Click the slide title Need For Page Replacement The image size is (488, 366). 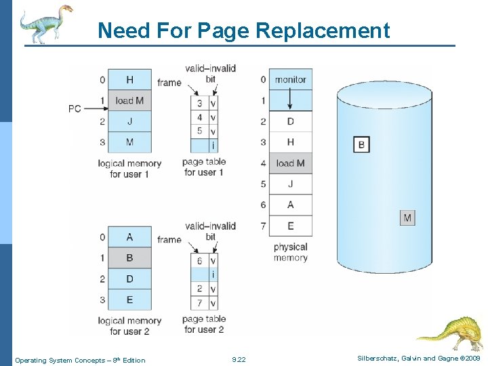tap(243, 30)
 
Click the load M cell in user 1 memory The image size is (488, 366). tap(129, 100)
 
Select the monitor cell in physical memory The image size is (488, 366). tap(291, 79)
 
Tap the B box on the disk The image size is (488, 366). tap(361, 144)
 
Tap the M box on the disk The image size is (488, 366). tap(407, 218)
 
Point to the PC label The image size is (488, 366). tap(75, 108)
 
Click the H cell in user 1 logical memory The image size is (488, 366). tap(129, 79)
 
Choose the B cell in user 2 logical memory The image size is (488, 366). tap(129, 258)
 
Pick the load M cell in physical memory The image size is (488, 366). tap(291, 163)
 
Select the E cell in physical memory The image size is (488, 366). tap(291, 226)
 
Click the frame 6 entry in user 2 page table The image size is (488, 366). tap(199, 260)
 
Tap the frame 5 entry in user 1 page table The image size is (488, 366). tap(199, 131)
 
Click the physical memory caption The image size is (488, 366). tap(291, 252)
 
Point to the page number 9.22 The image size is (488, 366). tap(239, 360)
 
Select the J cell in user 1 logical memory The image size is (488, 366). tap(129, 121)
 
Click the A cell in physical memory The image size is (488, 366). tap(291, 205)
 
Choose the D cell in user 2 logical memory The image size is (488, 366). tap(129, 279)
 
